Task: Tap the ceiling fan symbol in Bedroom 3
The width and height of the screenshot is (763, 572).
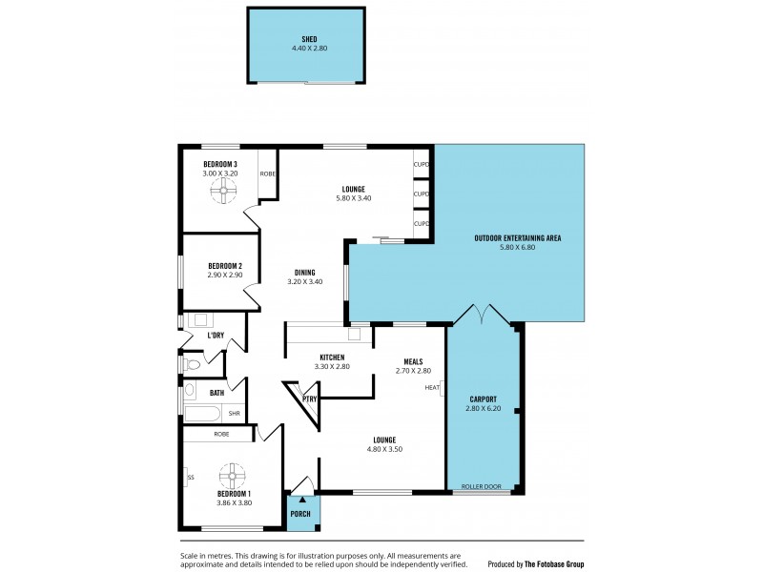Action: (225, 192)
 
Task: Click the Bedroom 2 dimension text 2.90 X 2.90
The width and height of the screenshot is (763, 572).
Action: (224, 275)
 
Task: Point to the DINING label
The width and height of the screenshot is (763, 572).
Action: (304, 272)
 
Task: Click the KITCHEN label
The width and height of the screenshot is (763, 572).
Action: (333, 357)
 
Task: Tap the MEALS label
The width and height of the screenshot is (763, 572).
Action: (414, 361)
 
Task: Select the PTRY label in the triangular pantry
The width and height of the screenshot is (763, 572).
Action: (309, 398)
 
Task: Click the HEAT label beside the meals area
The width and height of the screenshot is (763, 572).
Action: (432, 387)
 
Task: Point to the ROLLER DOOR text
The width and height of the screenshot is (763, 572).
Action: (482, 486)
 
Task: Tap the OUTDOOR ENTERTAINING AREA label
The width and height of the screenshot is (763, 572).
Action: (518, 236)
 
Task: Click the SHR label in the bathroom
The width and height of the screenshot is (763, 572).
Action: (233, 413)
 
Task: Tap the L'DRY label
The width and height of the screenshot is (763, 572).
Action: (216, 336)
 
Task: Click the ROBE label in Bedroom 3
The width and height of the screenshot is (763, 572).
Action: (268, 174)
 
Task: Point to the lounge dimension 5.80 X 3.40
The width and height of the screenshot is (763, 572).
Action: (353, 198)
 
